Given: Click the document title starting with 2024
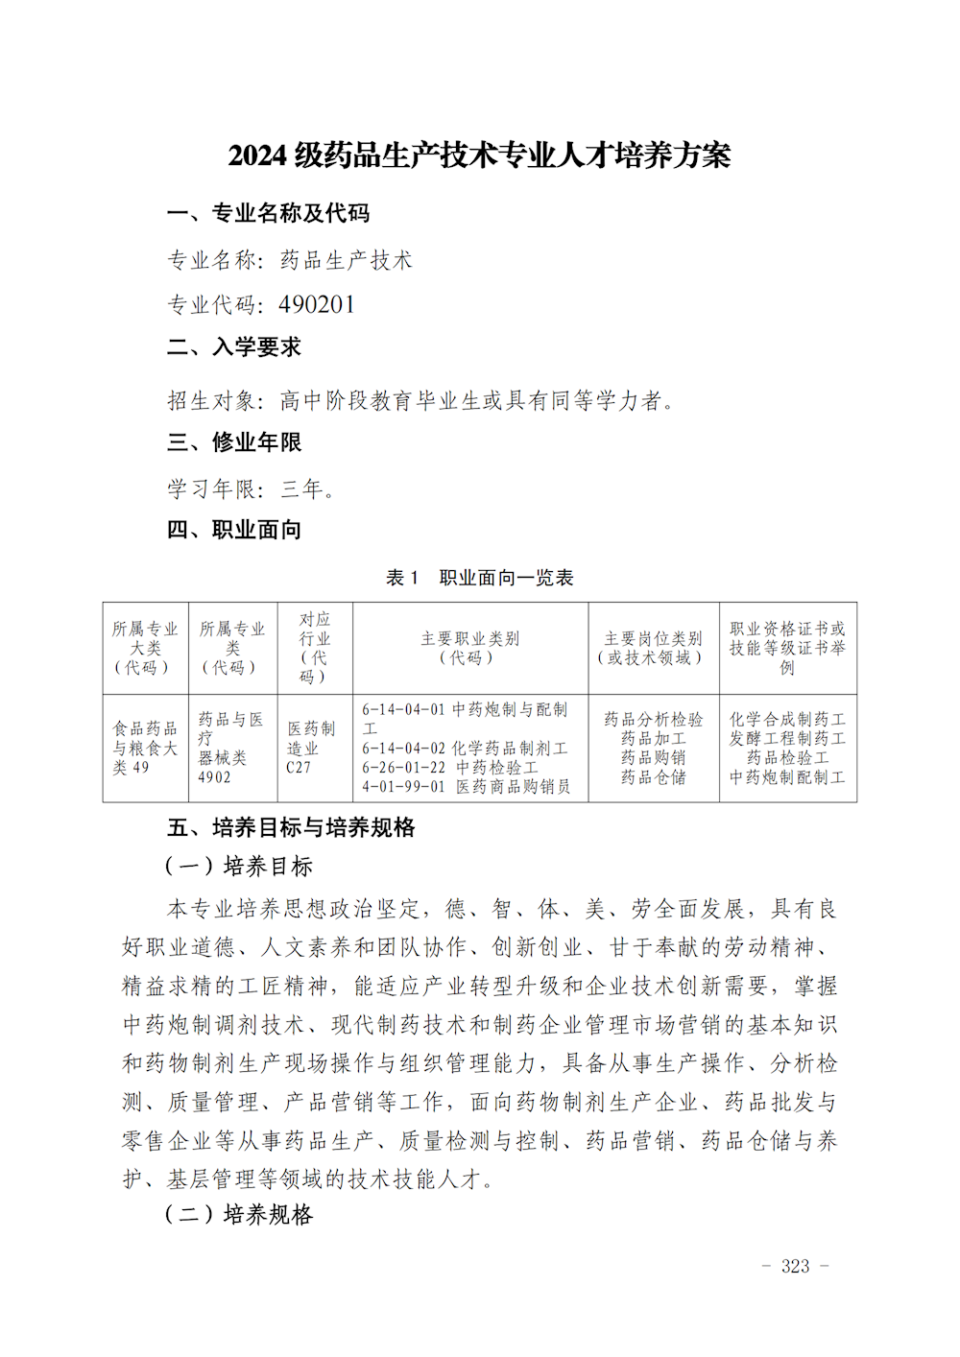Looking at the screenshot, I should pyautogui.click(x=479, y=155).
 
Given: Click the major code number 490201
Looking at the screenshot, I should pyautogui.click(x=317, y=305).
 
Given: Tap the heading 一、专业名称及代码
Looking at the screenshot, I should pyautogui.click(x=268, y=213).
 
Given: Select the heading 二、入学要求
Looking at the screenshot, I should pyautogui.click(x=234, y=347).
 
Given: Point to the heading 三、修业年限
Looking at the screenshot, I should pyautogui.click(x=234, y=442).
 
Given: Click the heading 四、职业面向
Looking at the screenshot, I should pyautogui.click(x=234, y=530).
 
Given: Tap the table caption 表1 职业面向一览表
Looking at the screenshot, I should pyautogui.click(x=479, y=578).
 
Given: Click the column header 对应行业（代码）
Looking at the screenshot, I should pyautogui.click(x=314, y=648).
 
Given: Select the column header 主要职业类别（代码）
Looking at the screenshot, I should pyautogui.click(x=469, y=648).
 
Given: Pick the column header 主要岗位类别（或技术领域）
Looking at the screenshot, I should pyautogui.click(x=653, y=648).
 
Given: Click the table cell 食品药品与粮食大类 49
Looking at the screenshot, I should pyautogui.click(x=145, y=749).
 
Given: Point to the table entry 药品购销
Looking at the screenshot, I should pyautogui.click(x=653, y=758).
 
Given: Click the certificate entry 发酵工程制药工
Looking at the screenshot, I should pyautogui.click(x=787, y=739).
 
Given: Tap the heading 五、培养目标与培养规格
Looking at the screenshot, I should pyautogui.click(x=291, y=827).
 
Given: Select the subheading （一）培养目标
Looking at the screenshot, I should pyautogui.click(x=240, y=867).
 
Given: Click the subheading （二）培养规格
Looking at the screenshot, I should pyautogui.click(x=240, y=1215).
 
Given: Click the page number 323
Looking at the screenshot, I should pyautogui.click(x=795, y=1267).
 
